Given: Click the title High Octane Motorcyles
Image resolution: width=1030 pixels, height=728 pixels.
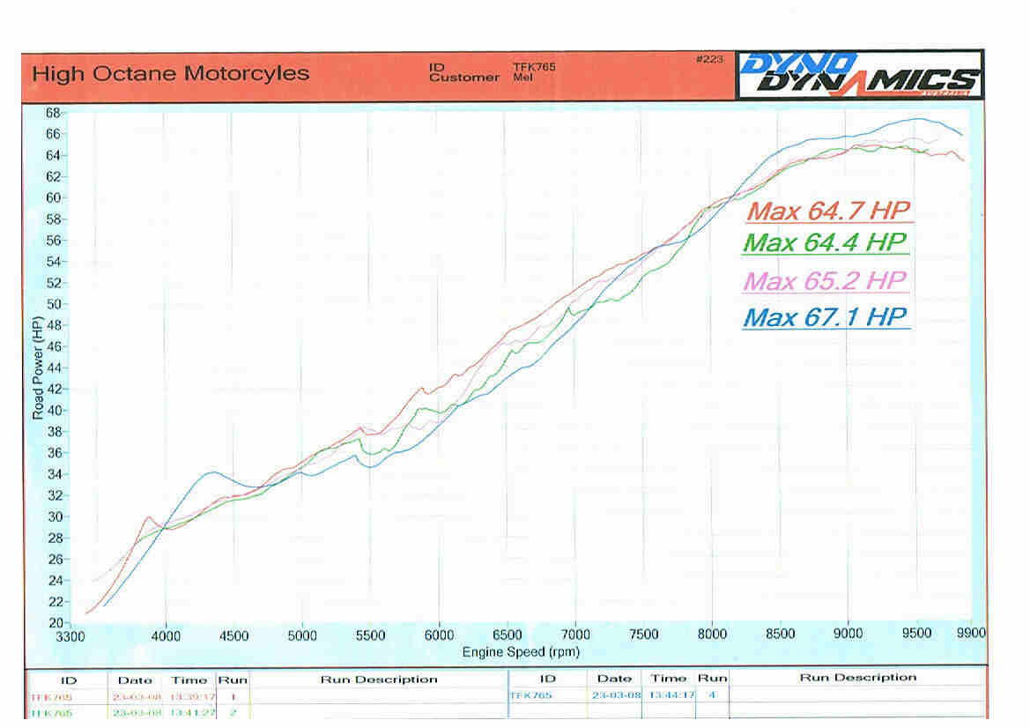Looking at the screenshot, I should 170,74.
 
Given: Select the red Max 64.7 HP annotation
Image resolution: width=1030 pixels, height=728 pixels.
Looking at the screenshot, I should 827,211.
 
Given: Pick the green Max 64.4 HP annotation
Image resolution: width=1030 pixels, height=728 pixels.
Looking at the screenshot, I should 825,242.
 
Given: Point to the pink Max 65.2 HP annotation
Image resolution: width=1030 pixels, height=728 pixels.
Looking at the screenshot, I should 826,281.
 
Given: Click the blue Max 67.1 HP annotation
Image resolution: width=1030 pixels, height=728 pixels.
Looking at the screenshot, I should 825,317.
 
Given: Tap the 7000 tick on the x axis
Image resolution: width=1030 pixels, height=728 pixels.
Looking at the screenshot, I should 575,635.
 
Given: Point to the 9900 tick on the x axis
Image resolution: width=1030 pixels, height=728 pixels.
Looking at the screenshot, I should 970,633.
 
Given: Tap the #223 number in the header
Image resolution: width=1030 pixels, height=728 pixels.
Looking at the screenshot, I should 709,60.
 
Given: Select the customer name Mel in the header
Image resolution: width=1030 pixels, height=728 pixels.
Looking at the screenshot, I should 522,78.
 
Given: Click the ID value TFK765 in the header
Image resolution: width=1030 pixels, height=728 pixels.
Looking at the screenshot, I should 534,67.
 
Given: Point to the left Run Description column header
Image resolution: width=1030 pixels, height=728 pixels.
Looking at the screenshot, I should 379,680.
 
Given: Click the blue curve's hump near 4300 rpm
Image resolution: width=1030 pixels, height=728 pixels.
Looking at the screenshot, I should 212,472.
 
